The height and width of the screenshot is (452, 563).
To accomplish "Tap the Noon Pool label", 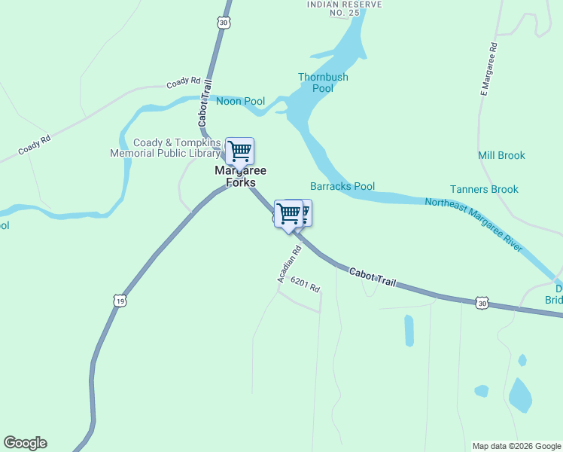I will point(241,101).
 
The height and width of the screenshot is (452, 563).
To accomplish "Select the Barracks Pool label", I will point(342,186).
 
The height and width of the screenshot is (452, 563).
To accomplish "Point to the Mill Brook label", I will point(501,155).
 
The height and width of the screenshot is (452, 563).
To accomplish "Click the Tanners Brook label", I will point(484,189).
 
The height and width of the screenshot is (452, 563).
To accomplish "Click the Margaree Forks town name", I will point(236,176).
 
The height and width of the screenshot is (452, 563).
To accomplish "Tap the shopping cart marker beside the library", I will point(239,151).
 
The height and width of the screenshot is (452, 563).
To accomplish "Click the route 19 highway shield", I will point(120,301).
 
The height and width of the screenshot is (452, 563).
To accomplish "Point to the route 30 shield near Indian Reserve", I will point(224,23).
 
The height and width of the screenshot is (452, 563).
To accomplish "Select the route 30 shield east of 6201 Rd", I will point(482,303).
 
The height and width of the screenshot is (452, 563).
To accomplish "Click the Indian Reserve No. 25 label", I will point(345,8).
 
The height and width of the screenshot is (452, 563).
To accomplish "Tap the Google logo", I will point(25,443).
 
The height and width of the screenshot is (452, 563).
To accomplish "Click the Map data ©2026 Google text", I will point(516,446).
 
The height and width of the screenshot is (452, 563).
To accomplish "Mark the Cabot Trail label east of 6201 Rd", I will point(372,276).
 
